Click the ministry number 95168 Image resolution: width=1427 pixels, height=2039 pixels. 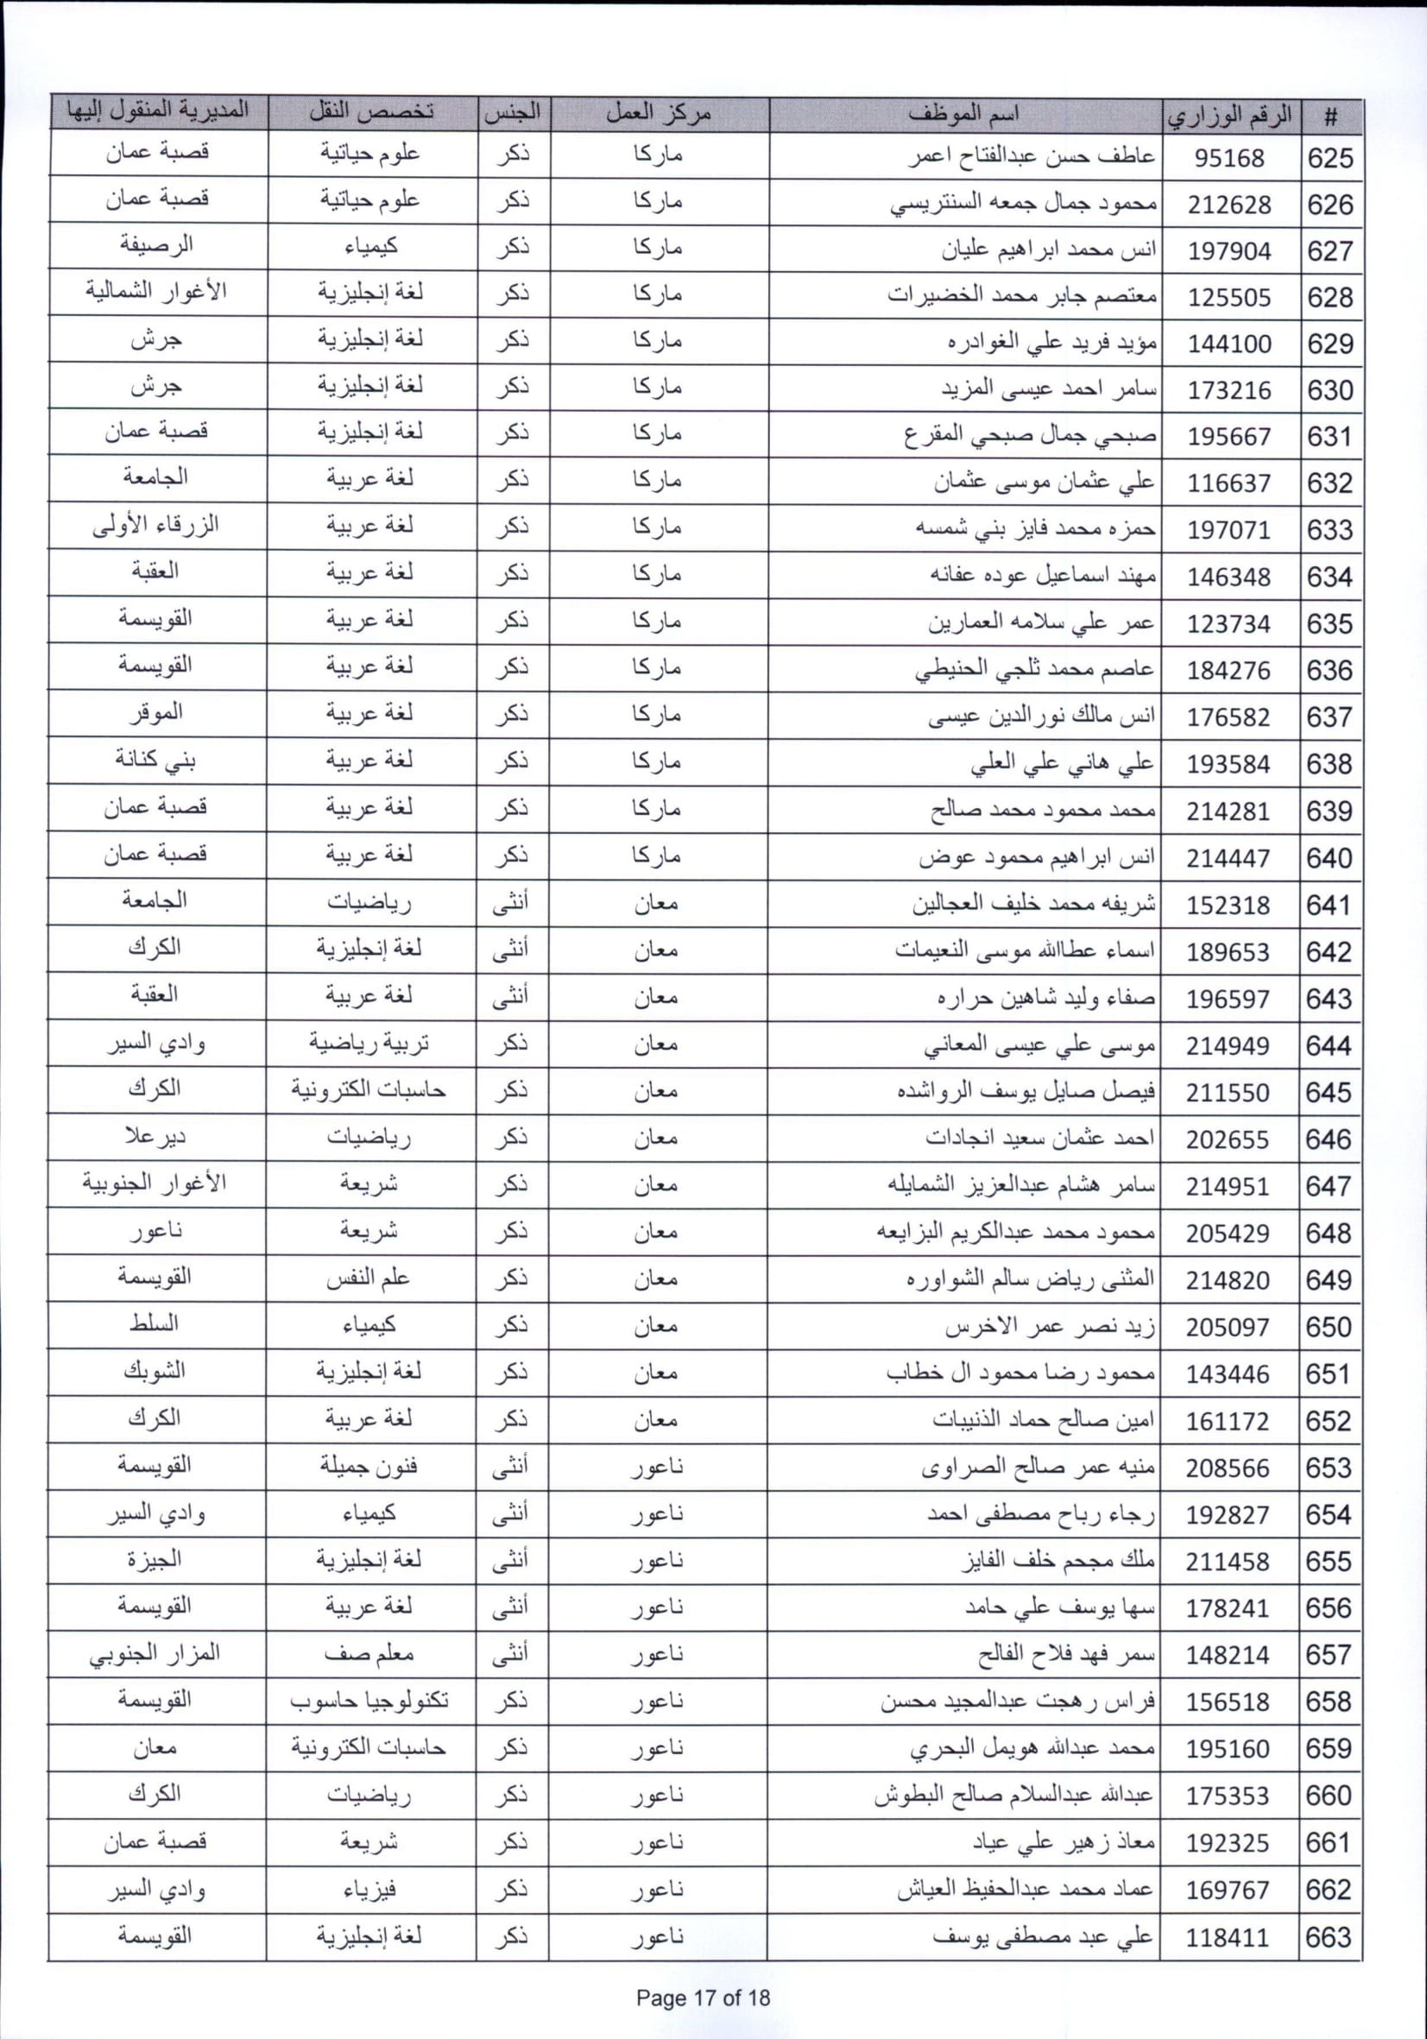pos(1229,158)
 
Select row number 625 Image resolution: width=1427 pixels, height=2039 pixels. pos(1330,158)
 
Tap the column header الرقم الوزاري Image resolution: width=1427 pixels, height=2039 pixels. pos(1229,115)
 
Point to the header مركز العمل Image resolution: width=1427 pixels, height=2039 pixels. pos(658,114)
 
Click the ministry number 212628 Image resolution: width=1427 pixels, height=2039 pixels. pos(1229,205)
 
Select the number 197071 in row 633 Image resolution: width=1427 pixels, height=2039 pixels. pos(1229,530)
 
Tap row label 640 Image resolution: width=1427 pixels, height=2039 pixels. pos(1329,858)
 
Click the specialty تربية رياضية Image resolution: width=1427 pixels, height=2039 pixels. pos(369,1043)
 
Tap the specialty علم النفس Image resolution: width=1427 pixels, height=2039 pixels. pos(369,1277)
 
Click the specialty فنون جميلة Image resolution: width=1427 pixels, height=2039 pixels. pos(369,1464)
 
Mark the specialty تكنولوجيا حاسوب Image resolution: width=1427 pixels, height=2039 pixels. pos(369,1700)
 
